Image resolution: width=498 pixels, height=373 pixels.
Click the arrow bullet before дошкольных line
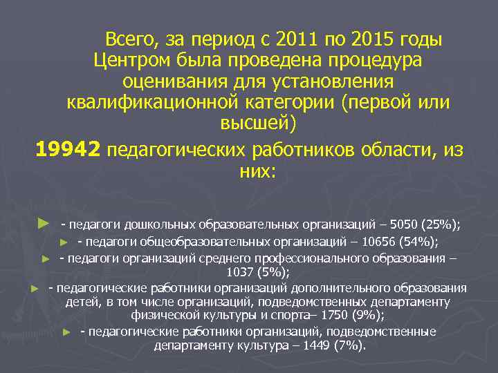click(x=43, y=224)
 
